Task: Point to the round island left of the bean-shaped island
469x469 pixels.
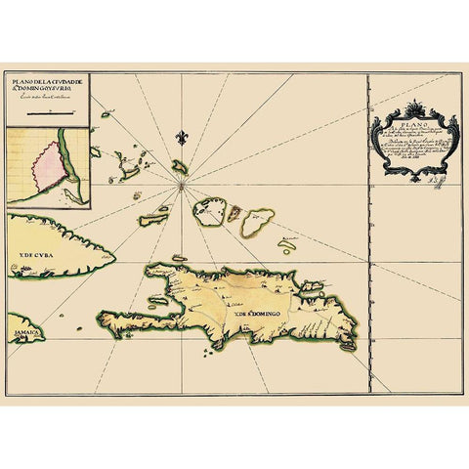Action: tap(209, 211)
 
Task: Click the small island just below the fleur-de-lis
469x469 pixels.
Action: tap(180, 166)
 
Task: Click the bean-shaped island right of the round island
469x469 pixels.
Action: tap(257, 222)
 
